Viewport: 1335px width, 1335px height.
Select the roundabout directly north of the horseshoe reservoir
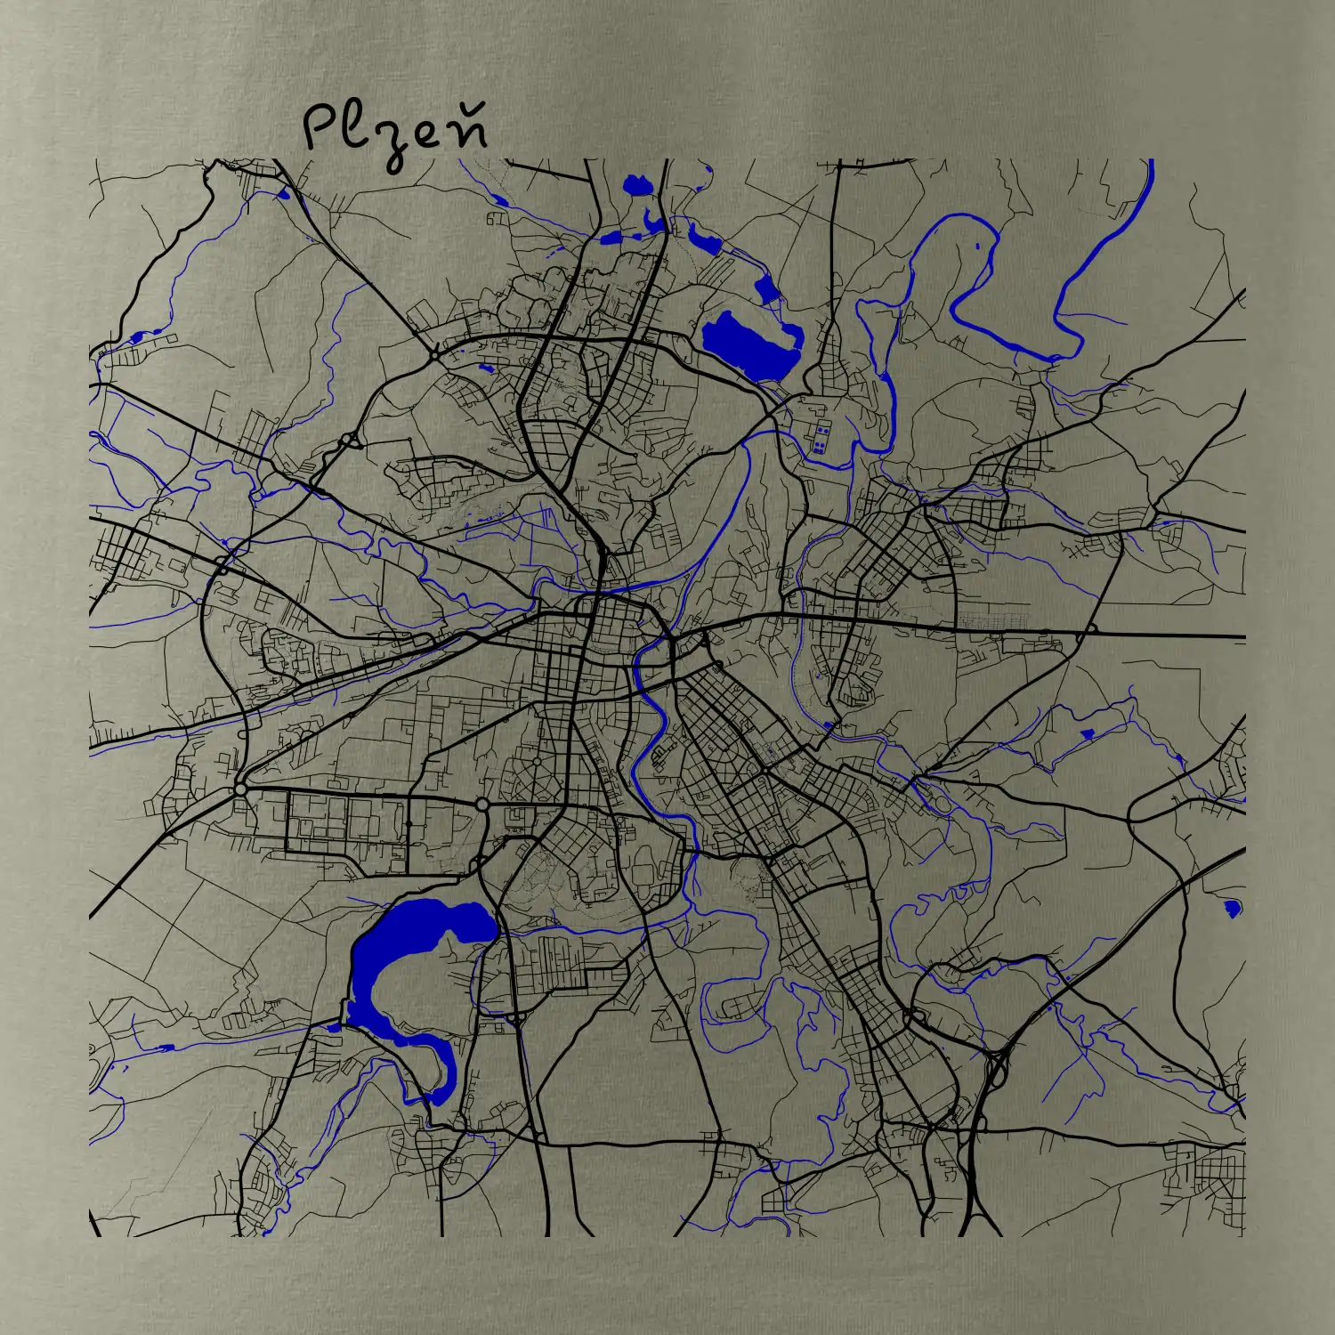481,805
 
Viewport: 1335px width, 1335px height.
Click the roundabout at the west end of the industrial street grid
239,789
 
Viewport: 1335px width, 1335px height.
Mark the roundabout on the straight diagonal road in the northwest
433,355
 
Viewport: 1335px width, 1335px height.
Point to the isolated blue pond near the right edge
1232,908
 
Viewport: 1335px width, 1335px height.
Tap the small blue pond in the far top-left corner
284,193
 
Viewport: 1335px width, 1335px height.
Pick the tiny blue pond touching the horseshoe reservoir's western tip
333,1027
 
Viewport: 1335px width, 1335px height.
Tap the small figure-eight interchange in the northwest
349,440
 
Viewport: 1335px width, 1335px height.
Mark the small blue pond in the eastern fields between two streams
1087,733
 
